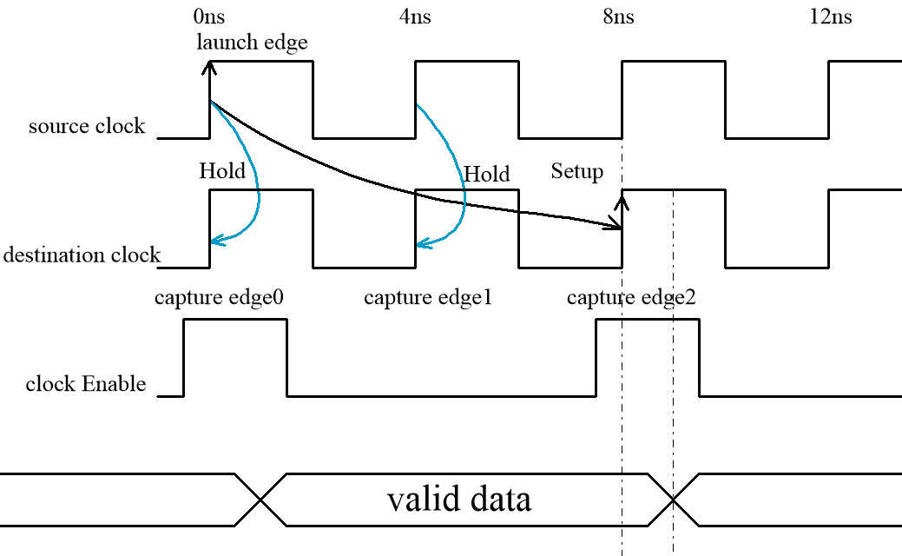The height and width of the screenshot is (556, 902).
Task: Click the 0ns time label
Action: pos(210,17)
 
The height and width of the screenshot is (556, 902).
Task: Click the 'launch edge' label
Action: pos(252,42)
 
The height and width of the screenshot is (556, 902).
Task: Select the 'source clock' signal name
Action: pos(87,126)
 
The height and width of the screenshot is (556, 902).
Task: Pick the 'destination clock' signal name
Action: pos(82,255)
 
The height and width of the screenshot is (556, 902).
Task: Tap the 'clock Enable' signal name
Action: pos(86,383)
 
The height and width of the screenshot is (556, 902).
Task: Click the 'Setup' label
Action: pos(576,171)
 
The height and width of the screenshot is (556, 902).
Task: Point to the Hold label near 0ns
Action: pos(222,170)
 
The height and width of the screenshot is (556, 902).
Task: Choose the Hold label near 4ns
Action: pos(486,174)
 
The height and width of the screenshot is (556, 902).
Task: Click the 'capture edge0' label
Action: pos(220,298)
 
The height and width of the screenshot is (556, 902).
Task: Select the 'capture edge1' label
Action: pos(428,298)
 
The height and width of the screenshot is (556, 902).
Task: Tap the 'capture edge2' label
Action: pos(631,298)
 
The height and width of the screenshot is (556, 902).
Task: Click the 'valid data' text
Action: pos(459,500)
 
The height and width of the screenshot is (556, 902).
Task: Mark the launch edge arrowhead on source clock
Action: pos(209,64)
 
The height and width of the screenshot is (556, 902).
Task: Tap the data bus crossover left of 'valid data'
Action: pos(260,500)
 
